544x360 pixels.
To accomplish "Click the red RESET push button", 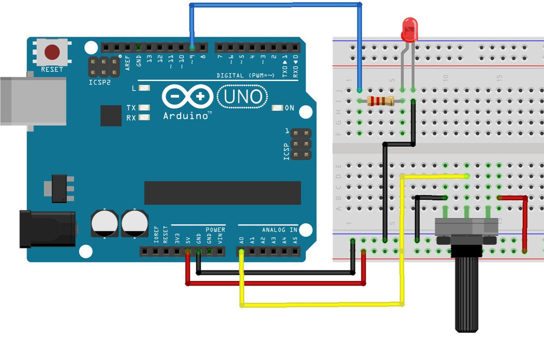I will [x=52, y=52].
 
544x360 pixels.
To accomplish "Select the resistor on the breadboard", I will [x=381, y=101].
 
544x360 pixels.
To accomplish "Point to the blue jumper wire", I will [x=275, y=5].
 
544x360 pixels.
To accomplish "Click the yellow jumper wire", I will [x=321, y=303].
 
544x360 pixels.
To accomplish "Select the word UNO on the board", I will [x=243, y=97].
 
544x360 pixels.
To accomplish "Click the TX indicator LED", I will [x=144, y=108].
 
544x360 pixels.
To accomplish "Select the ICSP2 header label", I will [x=100, y=83].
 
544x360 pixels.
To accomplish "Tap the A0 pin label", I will [x=242, y=240].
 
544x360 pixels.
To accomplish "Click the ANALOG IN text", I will [x=280, y=230].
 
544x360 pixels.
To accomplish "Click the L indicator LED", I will [x=144, y=88].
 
